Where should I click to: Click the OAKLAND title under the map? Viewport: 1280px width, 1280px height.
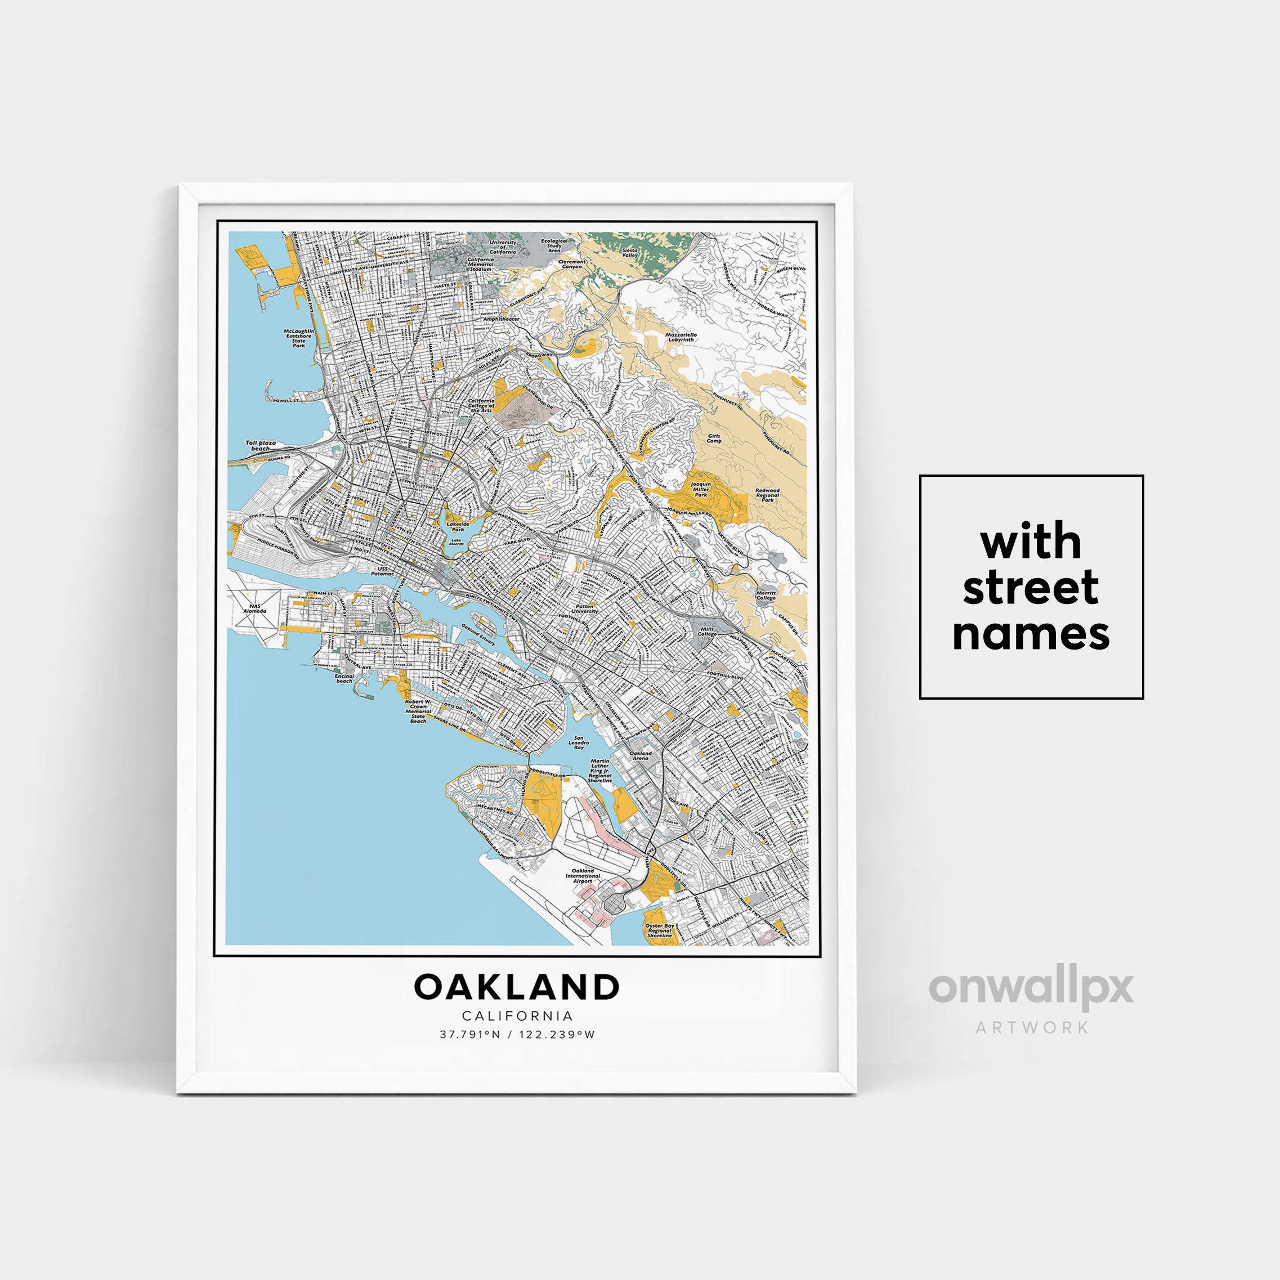517,987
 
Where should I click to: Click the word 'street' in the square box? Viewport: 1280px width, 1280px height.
1030,588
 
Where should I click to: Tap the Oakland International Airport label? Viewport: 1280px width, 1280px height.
583,876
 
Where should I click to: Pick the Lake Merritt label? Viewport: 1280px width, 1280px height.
457,541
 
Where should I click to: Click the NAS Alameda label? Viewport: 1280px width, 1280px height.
254,608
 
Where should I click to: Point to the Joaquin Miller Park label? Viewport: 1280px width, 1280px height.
700,490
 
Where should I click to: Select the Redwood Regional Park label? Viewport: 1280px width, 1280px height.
767,495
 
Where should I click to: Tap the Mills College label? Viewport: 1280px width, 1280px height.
707,632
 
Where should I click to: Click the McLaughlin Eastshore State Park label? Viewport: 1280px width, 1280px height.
299,338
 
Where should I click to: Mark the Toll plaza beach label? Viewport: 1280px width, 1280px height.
261,445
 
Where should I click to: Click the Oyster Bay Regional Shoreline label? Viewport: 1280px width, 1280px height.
659,930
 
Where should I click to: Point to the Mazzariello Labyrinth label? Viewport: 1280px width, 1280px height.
681,337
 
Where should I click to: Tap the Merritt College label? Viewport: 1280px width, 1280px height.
766,595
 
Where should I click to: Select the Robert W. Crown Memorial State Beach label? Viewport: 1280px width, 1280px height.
418,710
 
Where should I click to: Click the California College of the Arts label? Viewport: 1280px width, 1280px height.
481,405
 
